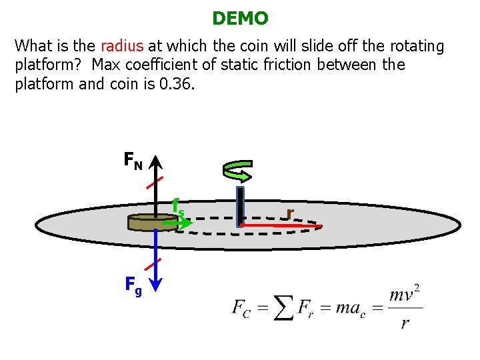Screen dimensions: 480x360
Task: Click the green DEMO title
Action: click(x=240, y=19)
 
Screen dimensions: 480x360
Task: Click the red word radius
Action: click(x=121, y=46)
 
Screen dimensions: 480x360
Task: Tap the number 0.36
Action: click(x=176, y=85)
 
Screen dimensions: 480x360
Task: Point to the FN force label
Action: click(x=133, y=161)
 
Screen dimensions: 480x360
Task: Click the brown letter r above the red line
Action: click(x=289, y=213)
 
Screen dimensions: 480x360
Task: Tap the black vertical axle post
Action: click(x=241, y=207)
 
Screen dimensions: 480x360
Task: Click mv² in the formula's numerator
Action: click(x=404, y=294)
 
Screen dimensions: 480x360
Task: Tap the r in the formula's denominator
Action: click(x=404, y=323)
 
